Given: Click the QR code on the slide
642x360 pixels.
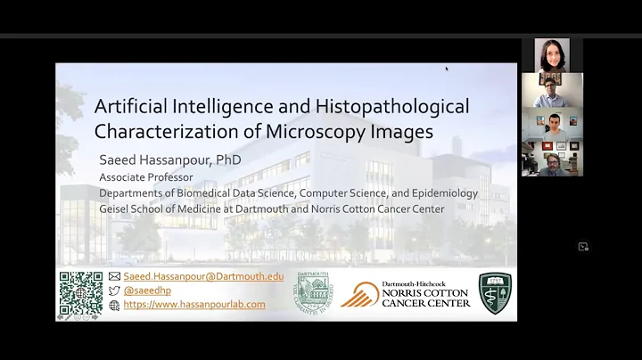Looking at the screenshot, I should tap(80, 293).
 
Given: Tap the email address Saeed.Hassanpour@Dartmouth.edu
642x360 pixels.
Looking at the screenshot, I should tap(203, 276).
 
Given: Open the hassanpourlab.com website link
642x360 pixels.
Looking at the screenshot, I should tap(194, 305).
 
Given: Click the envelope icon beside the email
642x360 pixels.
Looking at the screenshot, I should tap(114, 276).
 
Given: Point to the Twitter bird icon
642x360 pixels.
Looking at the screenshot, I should tap(114, 290).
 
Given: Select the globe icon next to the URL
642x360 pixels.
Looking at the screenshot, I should tap(114, 305).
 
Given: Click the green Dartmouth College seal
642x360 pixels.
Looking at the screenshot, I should tap(314, 293).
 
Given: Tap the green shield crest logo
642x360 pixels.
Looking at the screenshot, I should tap(495, 293).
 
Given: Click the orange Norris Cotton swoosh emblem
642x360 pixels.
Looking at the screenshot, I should tap(360, 295).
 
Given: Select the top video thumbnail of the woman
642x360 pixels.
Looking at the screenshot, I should tap(552, 55).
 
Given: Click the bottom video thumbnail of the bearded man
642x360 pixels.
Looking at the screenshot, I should tap(552, 159).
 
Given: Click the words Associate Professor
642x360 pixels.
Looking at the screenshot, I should tap(145, 177).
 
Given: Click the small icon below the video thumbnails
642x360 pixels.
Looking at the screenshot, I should tap(583, 247).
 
